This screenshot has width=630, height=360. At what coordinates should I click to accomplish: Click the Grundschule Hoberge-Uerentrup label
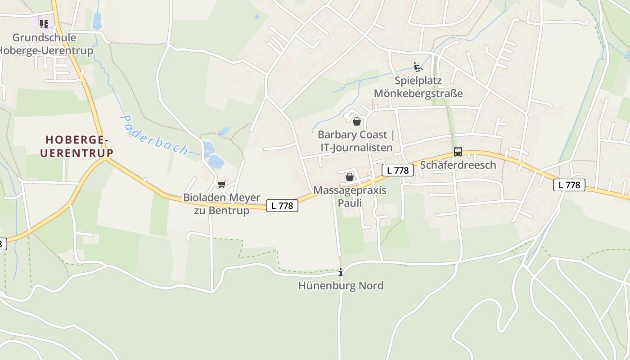click(45, 44)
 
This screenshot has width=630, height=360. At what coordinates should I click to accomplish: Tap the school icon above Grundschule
click(44, 24)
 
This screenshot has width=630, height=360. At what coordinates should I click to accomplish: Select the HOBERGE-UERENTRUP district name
click(76, 146)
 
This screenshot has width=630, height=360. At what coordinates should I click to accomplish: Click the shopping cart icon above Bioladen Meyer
click(221, 184)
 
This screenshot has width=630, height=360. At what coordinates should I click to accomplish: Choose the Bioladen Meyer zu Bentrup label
click(221, 204)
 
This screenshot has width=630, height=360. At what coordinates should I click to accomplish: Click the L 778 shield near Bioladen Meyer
click(282, 206)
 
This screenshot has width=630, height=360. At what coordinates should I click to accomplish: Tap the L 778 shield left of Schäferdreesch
click(398, 170)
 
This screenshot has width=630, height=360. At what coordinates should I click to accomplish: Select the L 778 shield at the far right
click(569, 184)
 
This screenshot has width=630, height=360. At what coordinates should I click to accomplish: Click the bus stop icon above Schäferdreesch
click(458, 152)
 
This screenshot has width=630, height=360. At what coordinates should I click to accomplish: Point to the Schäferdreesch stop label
click(458, 165)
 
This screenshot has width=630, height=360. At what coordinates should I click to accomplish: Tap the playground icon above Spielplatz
click(418, 67)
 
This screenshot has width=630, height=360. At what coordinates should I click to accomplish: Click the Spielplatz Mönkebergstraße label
click(418, 87)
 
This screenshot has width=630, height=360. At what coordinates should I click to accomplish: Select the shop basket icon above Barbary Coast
click(357, 121)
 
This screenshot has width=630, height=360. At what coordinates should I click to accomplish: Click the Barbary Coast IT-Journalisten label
click(356, 141)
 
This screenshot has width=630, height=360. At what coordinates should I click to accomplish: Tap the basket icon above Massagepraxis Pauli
click(349, 177)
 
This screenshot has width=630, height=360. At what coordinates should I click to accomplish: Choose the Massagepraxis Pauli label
click(350, 197)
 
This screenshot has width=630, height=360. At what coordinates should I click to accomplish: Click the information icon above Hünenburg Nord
click(341, 272)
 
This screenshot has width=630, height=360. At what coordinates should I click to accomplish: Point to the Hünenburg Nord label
click(341, 285)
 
